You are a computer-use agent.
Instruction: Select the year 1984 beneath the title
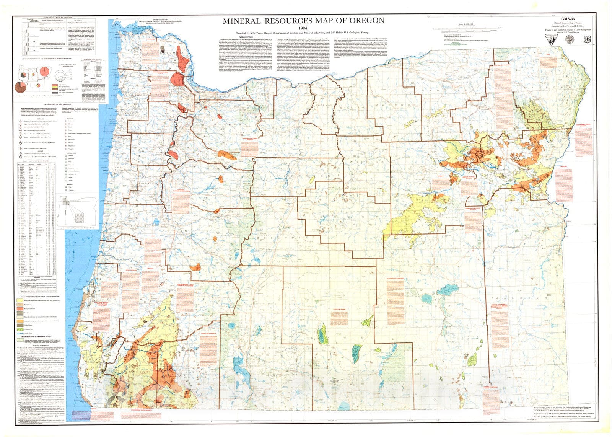coord(304,28)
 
